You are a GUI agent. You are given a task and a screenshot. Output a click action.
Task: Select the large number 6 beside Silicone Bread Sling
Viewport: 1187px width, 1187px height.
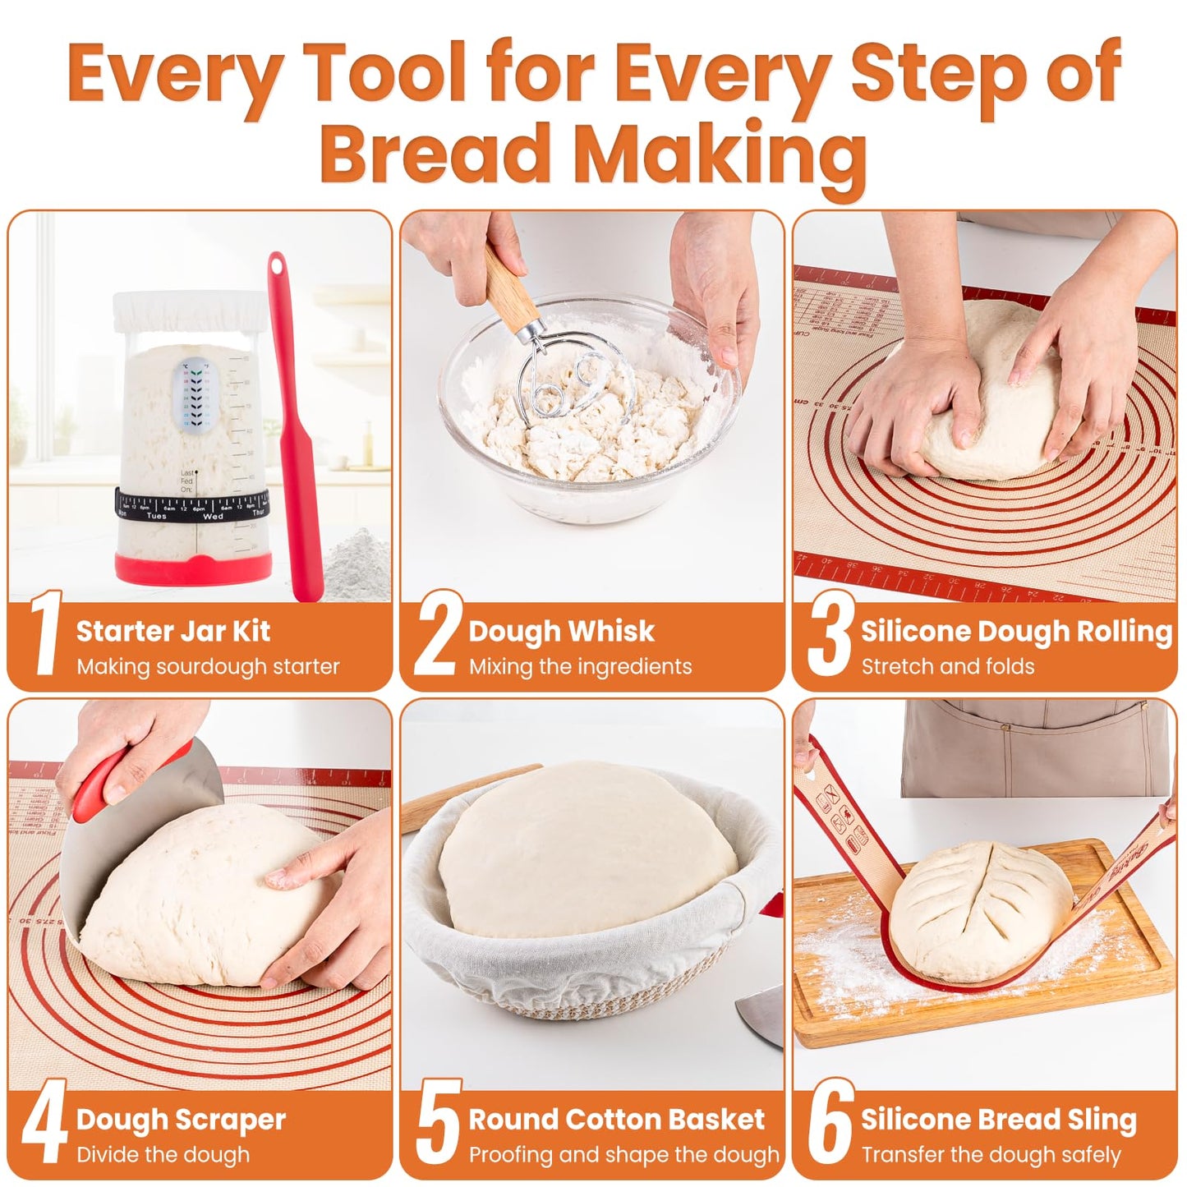pyautogui.click(x=829, y=1122)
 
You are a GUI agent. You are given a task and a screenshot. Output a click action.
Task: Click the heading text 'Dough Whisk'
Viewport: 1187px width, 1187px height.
pyautogui.click(x=561, y=631)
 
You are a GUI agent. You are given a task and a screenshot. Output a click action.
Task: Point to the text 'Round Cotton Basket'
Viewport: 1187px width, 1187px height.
pyautogui.click(x=616, y=1119)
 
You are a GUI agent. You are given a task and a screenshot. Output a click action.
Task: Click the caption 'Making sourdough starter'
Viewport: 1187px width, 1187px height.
pyautogui.click(x=208, y=666)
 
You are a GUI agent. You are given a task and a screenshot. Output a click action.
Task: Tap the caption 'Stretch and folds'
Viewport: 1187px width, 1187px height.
pyautogui.click(x=947, y=666)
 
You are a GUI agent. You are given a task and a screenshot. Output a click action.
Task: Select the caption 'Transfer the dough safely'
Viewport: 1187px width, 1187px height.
pyautogui.click(x=990, y=1155)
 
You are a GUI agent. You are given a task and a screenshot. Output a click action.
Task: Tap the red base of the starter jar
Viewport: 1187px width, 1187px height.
pyautogui.click(x=193, y=568)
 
